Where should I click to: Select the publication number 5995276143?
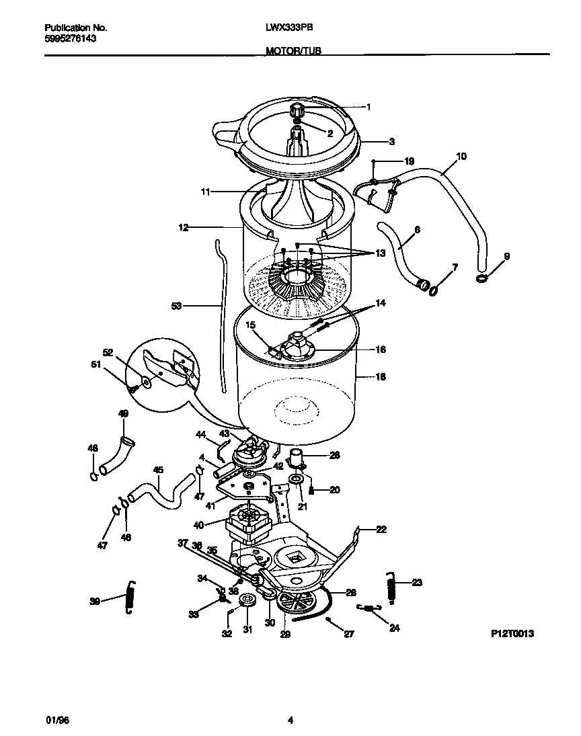coord(71,39)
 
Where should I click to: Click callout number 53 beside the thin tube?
coord(177,306)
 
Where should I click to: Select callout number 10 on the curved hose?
coord(461,157)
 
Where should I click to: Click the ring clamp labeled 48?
coord(92,476)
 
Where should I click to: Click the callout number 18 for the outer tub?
coord(381,377)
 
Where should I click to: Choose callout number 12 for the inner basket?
coord(182,228)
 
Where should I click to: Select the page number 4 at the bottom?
coord(290,720)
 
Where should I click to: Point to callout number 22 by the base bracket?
coord(381,530)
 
